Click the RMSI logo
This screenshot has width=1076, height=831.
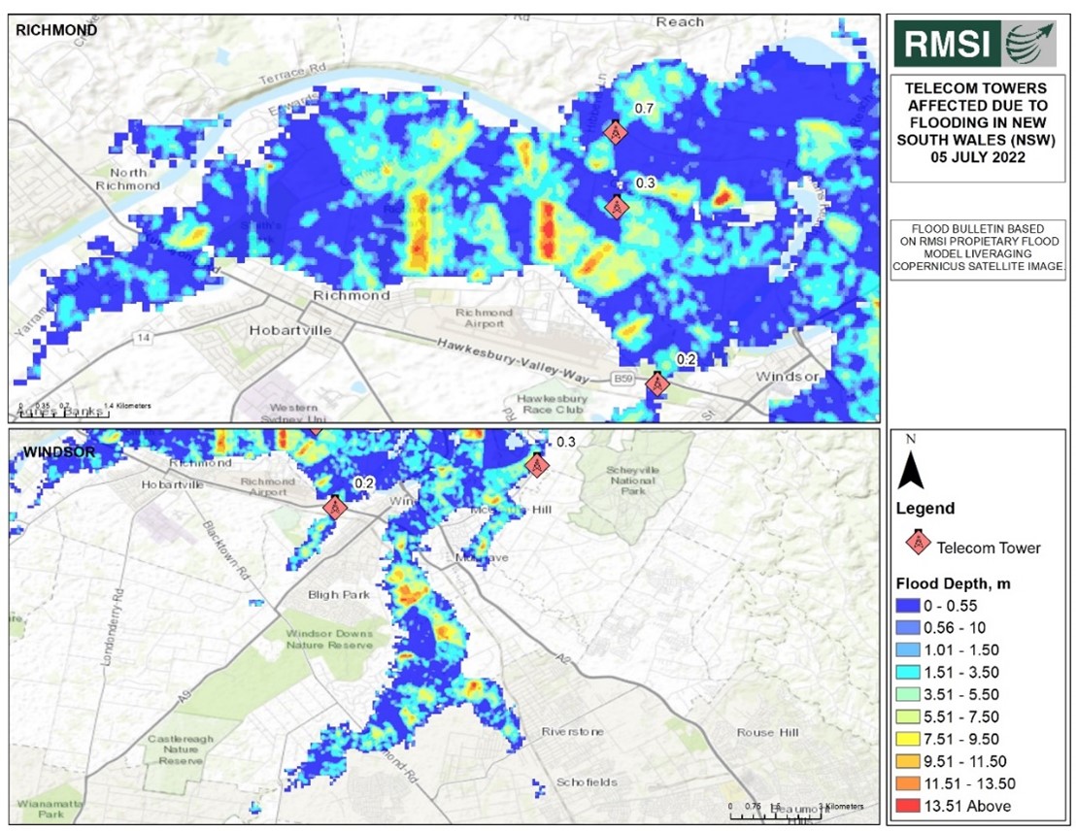point(980,43)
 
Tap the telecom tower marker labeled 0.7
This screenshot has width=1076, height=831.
point(614,131)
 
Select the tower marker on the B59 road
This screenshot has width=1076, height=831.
point(657,383)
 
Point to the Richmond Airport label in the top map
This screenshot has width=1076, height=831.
point(484,318)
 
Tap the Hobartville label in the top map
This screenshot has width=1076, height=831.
point(290,330)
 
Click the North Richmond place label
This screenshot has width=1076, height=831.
point(127,179)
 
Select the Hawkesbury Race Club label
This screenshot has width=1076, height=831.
point(552,405)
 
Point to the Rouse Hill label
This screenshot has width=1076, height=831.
point(769,732)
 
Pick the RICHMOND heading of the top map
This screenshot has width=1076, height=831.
point(55,30)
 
